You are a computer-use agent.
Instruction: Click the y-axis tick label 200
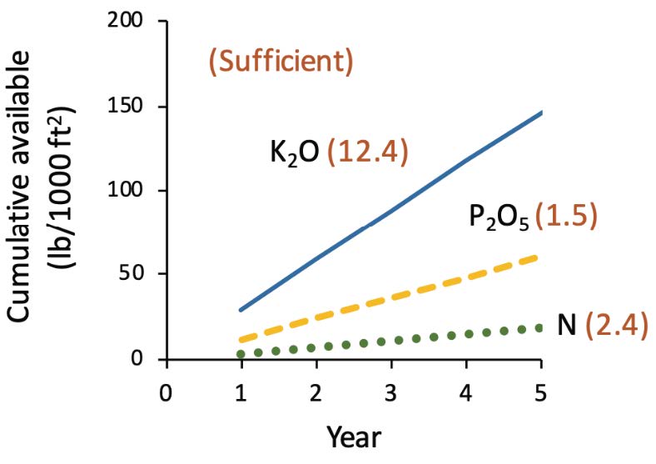coord(132,22)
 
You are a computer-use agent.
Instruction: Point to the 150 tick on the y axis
coord(132,107)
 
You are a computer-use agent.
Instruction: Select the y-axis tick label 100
coord(132,191)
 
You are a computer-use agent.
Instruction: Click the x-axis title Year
coord(354,437)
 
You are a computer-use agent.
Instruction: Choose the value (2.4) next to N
coord(616,324)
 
